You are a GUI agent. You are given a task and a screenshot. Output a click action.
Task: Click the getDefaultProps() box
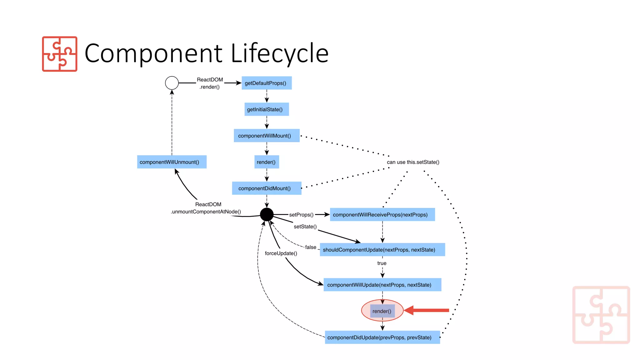[x=267, y=83]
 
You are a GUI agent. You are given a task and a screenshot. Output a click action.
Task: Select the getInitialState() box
[x=267, y=109]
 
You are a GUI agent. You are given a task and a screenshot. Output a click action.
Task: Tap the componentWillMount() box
[x=267, y=136]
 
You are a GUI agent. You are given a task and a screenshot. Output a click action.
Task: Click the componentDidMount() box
[x=267, y=188]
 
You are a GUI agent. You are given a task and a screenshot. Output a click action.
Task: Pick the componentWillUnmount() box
[x=172, y=162]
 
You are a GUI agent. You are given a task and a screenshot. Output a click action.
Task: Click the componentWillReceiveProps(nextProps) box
[x=382, y=215]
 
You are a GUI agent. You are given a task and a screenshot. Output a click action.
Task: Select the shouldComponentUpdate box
[x=382, y=250]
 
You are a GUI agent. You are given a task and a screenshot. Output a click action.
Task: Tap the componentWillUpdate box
[x=382, y=285]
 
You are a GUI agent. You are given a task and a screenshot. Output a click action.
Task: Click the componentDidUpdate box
[x=382, y=337]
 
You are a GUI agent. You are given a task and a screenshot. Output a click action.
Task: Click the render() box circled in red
[x=382, y=311]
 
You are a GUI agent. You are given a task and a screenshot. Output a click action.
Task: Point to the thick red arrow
[x=428, y=310]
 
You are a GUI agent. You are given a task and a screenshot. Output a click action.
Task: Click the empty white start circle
[x=172, y=83]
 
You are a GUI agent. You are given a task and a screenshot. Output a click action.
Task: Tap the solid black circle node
[x=267, y=214]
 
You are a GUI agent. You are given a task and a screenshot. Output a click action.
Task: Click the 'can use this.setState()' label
[x=413, y=162]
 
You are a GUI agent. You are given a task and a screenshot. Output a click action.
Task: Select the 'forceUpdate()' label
[x=281, y=253]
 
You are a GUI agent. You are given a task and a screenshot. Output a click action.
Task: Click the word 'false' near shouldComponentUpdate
[x=311, y=247]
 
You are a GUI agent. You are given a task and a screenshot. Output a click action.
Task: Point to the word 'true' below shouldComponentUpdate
[x=382, y=263]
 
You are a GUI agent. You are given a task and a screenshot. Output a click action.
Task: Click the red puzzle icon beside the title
[x=60, y=54]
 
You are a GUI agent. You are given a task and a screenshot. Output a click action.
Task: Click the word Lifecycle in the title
[x=279, y=53]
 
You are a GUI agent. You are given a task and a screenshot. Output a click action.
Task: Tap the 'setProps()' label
[x=301, y=215]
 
